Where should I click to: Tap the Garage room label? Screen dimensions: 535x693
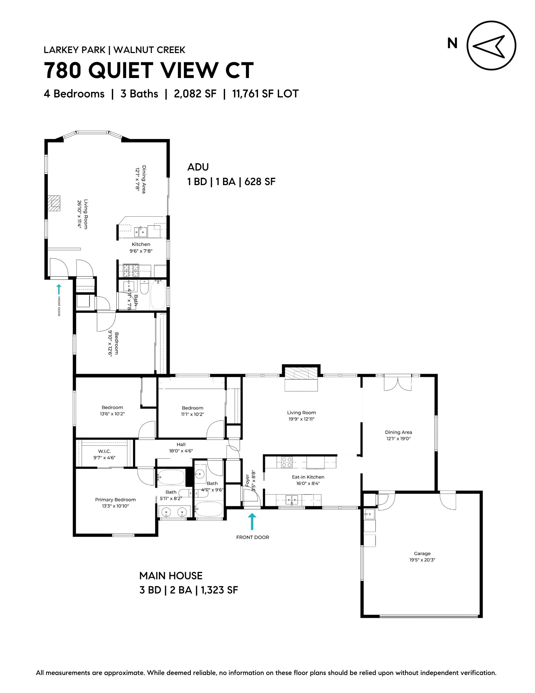(x=422, y=554)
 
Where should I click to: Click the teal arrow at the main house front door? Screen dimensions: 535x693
(x=252, y=521)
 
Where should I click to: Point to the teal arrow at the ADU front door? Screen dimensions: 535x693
(x=59, y=289)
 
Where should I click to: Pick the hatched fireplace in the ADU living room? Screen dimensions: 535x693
(x=54, y=203)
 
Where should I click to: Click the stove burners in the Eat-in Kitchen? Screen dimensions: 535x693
(x=287, y=462)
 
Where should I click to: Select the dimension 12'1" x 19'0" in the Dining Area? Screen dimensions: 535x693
(x=398, y=439)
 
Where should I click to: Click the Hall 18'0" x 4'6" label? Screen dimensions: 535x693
(x=181, y=448)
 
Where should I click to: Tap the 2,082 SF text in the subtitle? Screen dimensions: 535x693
(x=195, y=94)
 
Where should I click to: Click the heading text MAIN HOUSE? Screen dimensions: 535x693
(x=171, y=576)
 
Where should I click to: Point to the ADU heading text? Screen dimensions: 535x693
(x=198, y=167)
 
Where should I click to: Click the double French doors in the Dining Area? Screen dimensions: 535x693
(x=398, y=383)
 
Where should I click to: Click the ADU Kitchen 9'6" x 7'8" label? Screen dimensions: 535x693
(x=141, y=248)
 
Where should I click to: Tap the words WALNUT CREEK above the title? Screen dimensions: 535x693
(x=149, y=50)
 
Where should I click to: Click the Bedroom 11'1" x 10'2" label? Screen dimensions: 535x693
(x=193, y=411)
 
